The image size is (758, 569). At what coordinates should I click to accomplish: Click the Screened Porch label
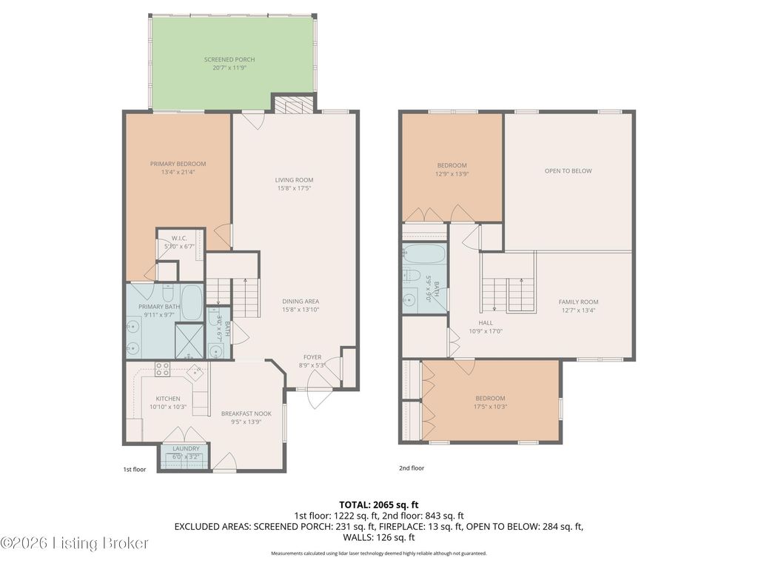click(229, 59)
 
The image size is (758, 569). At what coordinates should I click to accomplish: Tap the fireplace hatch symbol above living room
click(294, 106)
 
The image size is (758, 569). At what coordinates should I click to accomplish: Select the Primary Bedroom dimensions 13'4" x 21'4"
click(178, 172)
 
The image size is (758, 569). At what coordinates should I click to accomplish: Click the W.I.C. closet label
click(179, 239)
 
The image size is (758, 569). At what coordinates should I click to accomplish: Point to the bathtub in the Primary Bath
click(192, 303)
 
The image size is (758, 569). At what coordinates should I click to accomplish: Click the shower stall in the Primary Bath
click(189, 341)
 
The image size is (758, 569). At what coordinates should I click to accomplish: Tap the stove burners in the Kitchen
click(162, 369)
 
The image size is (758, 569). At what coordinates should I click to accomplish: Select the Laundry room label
click(186, 448)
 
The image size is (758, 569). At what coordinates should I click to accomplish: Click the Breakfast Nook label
click(246, 413)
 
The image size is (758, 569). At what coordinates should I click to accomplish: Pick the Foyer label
click(312, 357)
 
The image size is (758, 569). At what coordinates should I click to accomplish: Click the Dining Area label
click(301, 302)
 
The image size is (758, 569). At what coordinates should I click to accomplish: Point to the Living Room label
click(294, 180)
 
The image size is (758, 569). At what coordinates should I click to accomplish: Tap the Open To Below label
click(568, 171)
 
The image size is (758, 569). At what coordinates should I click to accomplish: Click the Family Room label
click(578, 302)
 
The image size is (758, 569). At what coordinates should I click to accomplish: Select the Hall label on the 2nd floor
click(486, 323)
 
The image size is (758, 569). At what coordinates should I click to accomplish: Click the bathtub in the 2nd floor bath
click(423, 254)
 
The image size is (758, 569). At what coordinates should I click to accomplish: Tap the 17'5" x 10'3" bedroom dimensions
click(490, 407)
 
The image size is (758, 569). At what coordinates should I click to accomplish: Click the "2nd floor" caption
click(412, 468)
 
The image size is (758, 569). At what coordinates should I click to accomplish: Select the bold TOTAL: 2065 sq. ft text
click(378, 505)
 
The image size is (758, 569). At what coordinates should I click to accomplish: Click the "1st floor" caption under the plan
click(135, 469)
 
